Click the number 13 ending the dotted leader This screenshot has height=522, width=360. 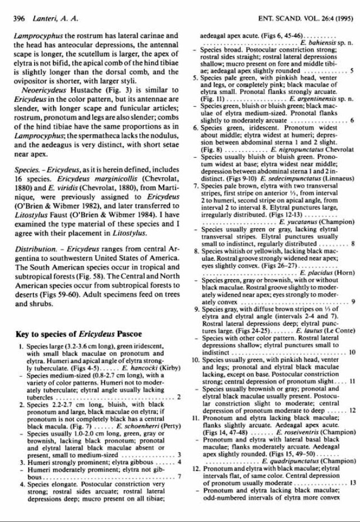coord(352,482)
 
